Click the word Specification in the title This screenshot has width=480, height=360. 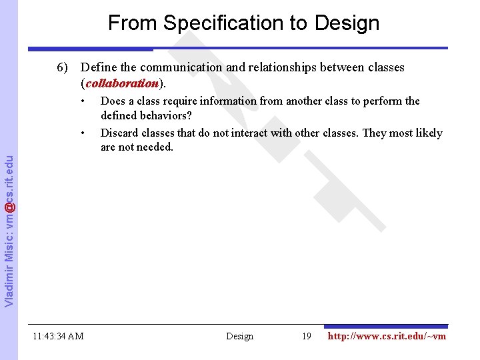point(213,23)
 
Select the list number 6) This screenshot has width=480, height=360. point(63,67)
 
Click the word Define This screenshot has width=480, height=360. point(97,67)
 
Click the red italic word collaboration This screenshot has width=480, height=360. point(122,84)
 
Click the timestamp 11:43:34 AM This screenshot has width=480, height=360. point(58,336)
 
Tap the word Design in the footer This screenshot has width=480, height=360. point(239,336)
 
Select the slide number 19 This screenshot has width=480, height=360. point(307,336)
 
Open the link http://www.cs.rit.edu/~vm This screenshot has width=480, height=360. point(387,336)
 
